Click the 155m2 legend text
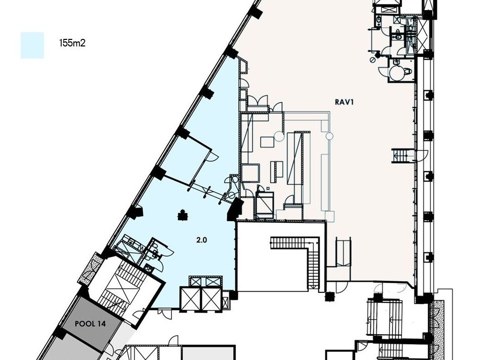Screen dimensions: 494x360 (72, 43)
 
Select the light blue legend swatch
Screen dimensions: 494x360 (32, 45)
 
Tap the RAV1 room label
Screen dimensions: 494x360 (344, 102)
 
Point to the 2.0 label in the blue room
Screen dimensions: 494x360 (202, 240)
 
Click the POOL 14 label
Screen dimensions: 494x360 (90, 324)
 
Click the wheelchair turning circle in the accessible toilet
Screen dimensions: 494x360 (396, 72)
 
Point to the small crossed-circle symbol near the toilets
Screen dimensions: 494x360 (372, 59)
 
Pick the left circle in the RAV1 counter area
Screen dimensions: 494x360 (278, 136)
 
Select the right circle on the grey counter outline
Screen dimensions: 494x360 (329, 136)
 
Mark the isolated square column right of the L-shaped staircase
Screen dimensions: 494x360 (329, 297)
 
